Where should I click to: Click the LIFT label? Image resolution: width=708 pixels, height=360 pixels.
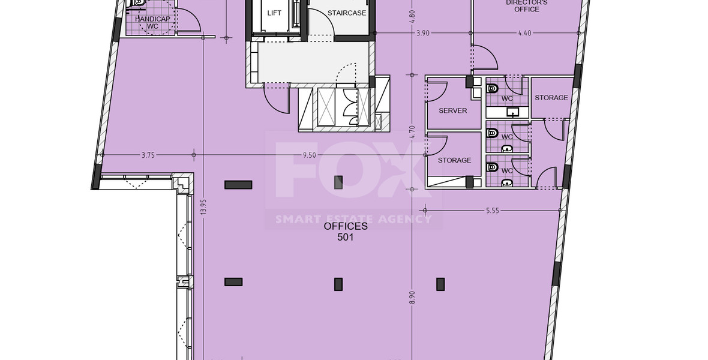tap(274, 13)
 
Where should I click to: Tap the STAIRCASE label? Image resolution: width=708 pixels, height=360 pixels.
tap(347, 13)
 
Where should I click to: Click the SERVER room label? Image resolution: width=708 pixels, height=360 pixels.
tap(452, 111)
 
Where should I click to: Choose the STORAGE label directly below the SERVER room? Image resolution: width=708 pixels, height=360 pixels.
tap(454, 160)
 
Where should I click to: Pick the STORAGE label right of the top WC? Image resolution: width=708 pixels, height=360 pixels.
tap(551, 98)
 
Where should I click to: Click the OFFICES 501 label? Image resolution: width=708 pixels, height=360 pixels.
tap(346, 232)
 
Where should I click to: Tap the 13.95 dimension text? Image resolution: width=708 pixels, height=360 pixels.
tap(204, 207)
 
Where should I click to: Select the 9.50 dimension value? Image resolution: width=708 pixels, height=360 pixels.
tap(309, 155)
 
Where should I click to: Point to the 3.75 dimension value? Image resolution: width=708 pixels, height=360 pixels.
tap(148, 155)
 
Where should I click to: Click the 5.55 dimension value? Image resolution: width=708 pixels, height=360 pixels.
tap(493, 211)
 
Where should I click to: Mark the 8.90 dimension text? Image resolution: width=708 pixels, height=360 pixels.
tap(412, 297)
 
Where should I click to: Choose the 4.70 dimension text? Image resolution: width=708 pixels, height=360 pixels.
tap(412, 131)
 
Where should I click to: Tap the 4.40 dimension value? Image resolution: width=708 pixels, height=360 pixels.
tap(525, 33)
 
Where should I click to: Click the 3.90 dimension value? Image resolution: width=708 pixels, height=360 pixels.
tap(422, 33)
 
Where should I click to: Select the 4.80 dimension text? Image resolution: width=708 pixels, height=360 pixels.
tap(412, 16)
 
